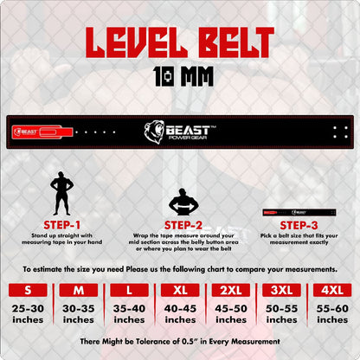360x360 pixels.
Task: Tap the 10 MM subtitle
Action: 180,75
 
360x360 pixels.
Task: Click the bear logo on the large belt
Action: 154,132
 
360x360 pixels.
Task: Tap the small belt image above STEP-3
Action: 299,211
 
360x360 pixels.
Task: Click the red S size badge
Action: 29,291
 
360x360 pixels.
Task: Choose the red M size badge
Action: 80,291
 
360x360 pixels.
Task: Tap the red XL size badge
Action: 180,291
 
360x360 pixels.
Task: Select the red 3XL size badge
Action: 281,291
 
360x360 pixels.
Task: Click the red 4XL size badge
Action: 331,291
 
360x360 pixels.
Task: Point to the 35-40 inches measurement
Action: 130,313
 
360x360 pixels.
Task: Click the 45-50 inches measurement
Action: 230,313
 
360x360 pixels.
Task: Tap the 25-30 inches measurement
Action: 29,313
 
